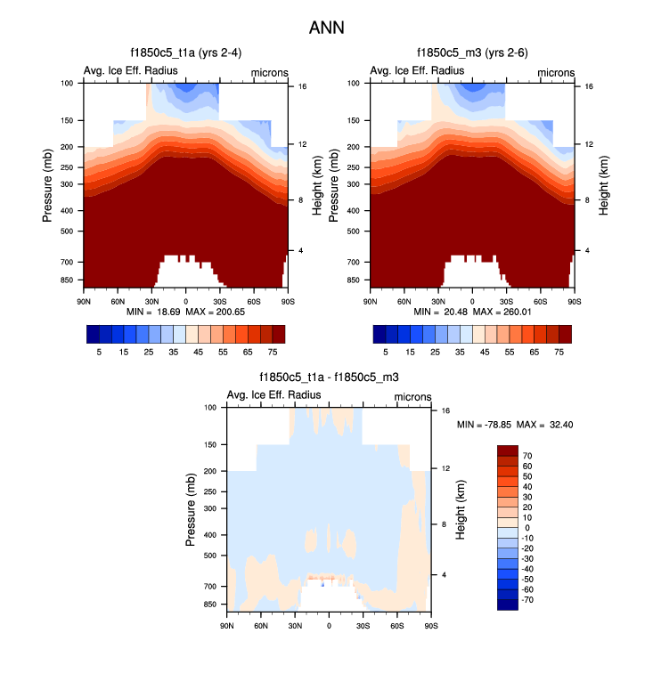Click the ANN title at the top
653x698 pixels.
tap(326, 28)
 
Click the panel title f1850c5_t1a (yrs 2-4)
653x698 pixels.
tap(185, 53)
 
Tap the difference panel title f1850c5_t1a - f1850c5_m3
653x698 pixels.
tap(328, 378)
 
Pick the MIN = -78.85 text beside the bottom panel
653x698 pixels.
tap(486, 425)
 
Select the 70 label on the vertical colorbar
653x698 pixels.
tap(527, 455)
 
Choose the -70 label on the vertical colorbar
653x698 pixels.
tap(529, 600)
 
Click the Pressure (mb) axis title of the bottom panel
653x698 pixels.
tap(193, 509)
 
